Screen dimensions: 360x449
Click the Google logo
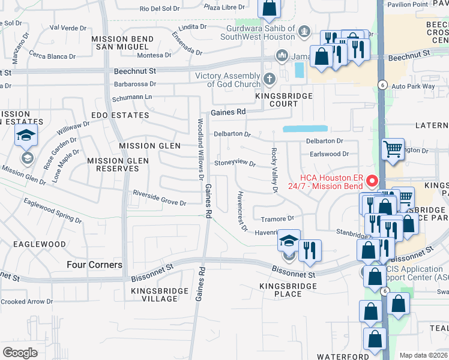pos(20,352)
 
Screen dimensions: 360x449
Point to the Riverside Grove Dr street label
pos(160,198)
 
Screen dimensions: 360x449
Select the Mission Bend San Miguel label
pos(122,43)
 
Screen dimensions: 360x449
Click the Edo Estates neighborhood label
pos(119,115)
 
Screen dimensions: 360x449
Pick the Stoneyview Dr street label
pos(235,163)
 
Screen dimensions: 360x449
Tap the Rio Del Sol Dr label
pos(160,8)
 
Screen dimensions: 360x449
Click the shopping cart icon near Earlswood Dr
pos(393,148)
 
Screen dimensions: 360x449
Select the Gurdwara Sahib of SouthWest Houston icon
pos(304,29)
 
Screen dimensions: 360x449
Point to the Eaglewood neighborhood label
pos(37,244)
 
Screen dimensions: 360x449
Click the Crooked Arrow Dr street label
pos(27,302)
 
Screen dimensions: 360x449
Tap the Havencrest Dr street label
pos(242,211)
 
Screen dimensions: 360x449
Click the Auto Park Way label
pos(413,86)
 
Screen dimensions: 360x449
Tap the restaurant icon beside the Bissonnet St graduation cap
pos(310,250)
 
